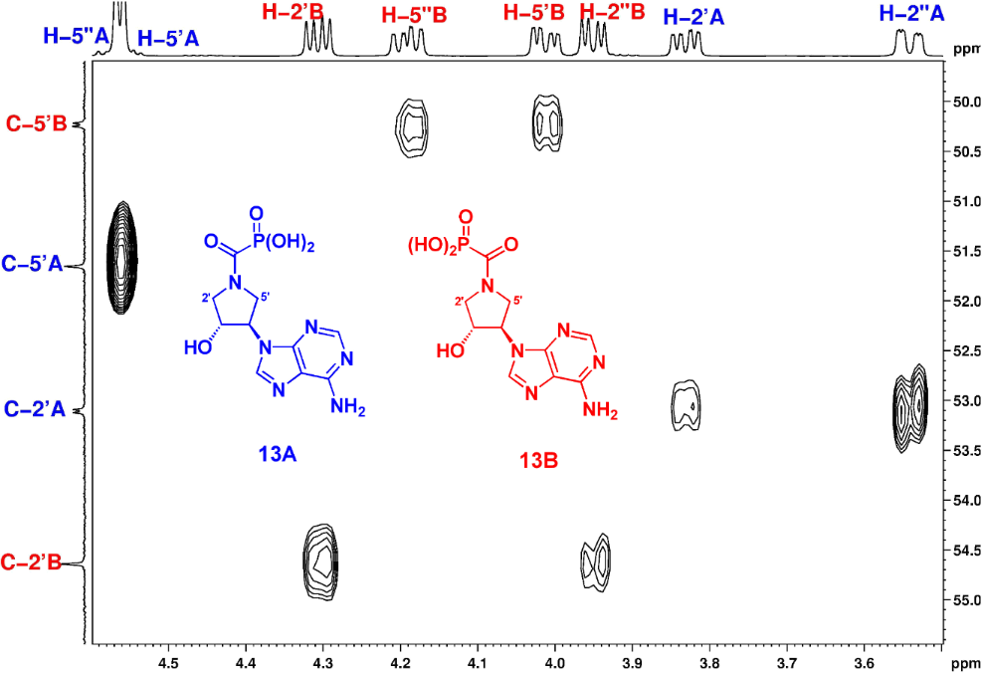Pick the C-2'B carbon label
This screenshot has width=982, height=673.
(35, 563)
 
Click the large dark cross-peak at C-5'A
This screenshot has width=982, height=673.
(121, 258)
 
